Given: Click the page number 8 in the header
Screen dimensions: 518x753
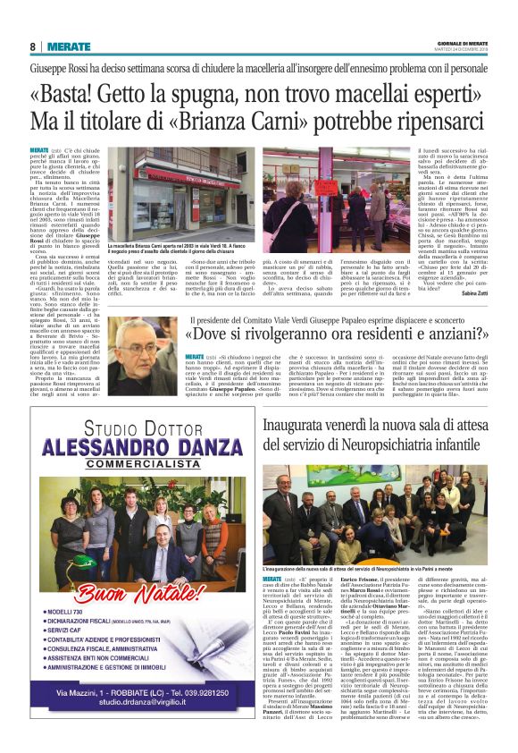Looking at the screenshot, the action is (32, 47).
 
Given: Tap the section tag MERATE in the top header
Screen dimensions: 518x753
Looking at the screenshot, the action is (69, 47).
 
